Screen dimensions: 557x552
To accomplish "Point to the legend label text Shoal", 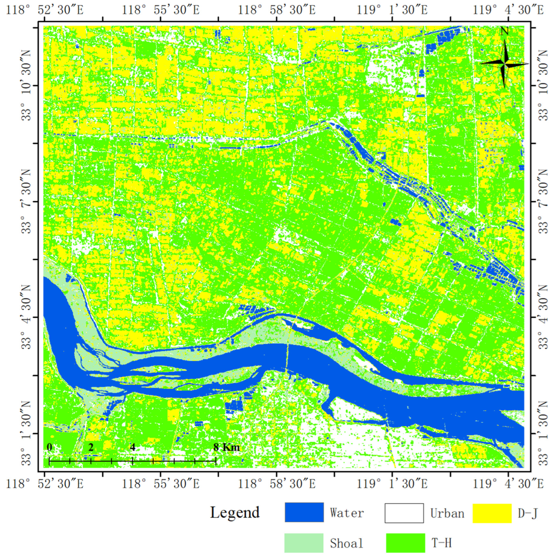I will (x=346, y=543).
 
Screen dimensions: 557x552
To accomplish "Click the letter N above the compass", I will (x=504, y=31).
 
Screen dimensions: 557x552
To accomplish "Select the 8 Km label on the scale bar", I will (x=226, y=447).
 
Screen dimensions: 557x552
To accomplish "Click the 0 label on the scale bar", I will (x=50, y=447).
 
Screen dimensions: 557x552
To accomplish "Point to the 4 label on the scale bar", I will (x=132, y=447).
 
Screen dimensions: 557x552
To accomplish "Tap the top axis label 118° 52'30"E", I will (x=45, y=10).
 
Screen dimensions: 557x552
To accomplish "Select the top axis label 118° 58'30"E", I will (x=276, y=10).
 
